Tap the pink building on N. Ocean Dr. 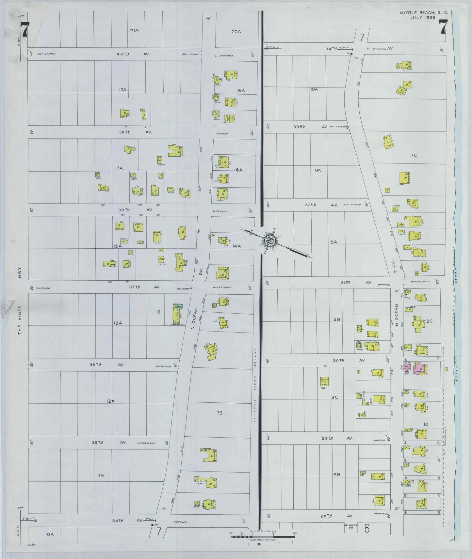pos(419,368)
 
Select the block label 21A pos(134,31)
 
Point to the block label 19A pos(123,89)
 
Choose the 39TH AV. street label pos(135,132)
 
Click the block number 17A pos(119,168)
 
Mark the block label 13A pos(118,323)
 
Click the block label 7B pos(219,413)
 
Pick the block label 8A pos(334,242)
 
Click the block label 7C pos(414,155)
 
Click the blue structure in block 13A pos(177,305)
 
